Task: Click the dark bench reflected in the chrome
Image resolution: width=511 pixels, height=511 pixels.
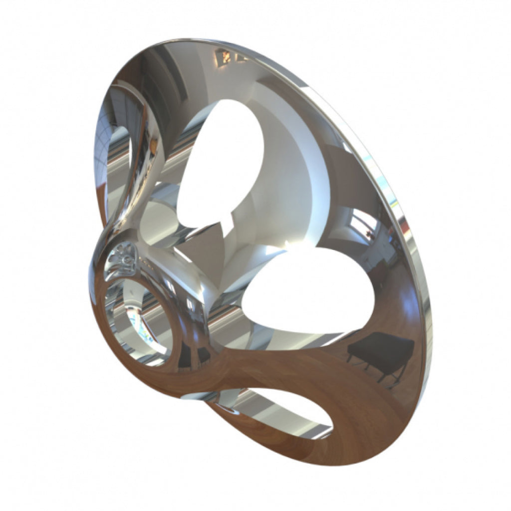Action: [x=380, y=349]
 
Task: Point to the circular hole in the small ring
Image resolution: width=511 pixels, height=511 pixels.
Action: [x=140, y=319]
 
